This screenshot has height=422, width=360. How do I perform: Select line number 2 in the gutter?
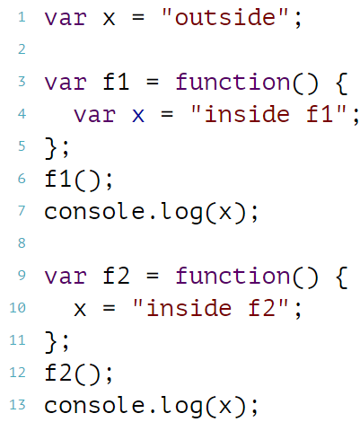pyautogui.click(x=22, y=49)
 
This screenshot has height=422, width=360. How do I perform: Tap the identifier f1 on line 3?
pyautogui.click(x=116, y=82)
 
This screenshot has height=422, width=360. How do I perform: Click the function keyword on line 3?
pyautogui.click(x=233, y=82)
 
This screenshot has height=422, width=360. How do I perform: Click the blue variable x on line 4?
pyautogui.click(x=138, y=116)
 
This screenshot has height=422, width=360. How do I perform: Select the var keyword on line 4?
pyautogui.click(x=94, y=115)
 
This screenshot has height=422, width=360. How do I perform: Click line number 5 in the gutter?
pyautogui.click(x=22, y=146)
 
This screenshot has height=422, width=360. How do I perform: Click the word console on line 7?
pyautogui.click(x=94, y=212)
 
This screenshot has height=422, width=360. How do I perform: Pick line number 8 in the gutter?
pyautogui.click(x=22, y=243)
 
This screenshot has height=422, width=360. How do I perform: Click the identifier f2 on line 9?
pyautogui.click(x=116, y=276)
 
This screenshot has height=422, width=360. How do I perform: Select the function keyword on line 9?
pyautogui.click(x=233, y=276)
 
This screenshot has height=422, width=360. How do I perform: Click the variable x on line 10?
pyautogui.click(x=80, y=310)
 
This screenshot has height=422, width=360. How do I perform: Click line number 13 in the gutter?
pyautogui.click(x=17, y=405)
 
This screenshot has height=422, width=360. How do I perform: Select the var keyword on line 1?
pyautogui.click(x=66, y=18)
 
